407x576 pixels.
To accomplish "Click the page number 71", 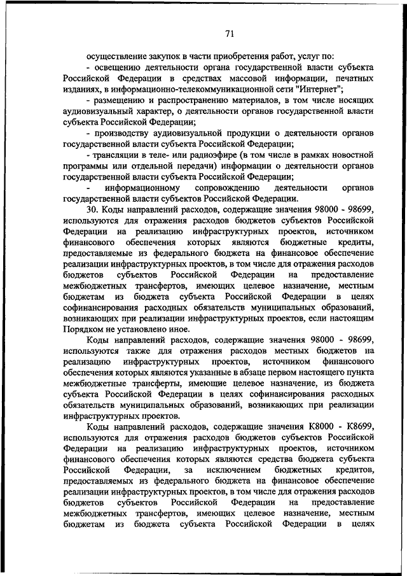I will point(230,34).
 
